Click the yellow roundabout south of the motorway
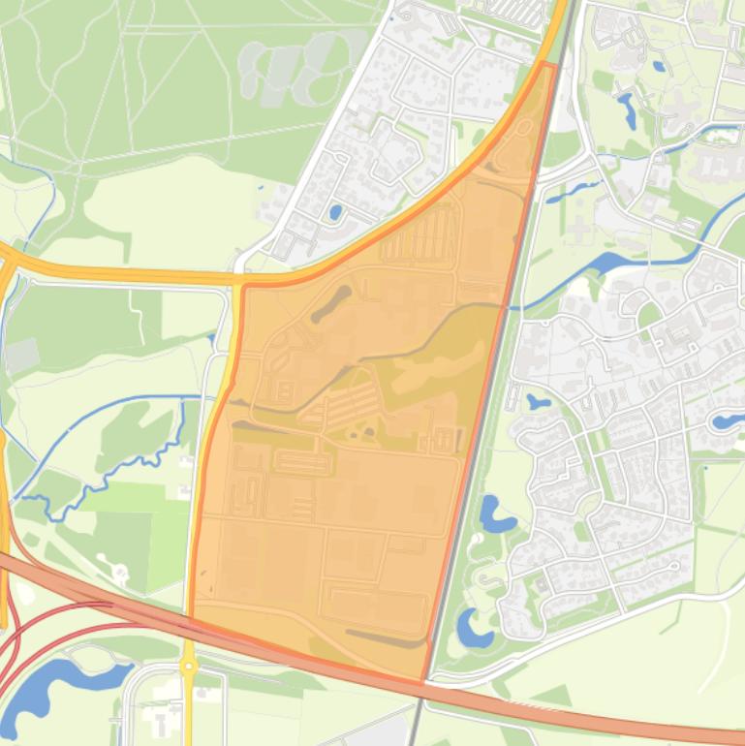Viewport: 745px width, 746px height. pyautogui.click(x=188, y=667)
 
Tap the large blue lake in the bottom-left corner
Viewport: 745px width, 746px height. pyautogui.click(x=58, y=686)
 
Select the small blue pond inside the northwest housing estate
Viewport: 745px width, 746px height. pyautogui.click(x=335, y=211)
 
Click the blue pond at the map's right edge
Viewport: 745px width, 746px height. pyautogui.click(x=726, y=420)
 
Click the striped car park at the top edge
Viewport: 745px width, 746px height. pyautogui.click(x=514, y=13)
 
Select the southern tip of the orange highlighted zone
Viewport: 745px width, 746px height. pyautogui.click(x=422, y=682)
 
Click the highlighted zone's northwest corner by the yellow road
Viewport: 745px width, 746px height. pyautogui.click(x=243, y=287)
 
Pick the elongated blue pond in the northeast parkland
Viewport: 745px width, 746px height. pyautogui.click(x=627, y=109)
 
